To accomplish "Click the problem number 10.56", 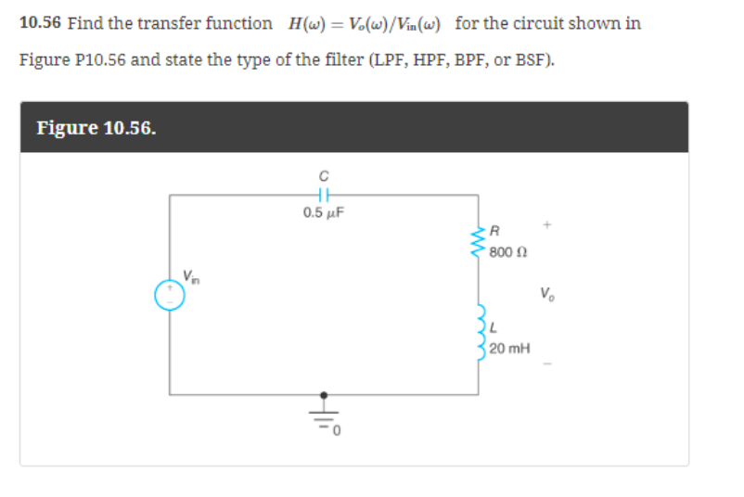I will (x=40, y=23).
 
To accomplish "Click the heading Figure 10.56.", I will (x=96, y=127).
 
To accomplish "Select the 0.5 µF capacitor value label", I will (x=324, y=213).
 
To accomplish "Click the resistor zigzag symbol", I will (x=479, y=238).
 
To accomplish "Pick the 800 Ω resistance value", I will (x=508, y=250).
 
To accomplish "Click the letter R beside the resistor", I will (x=495, y=232).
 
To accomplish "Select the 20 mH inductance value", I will (x=509, y=349).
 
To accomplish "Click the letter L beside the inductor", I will (x=494, y=330).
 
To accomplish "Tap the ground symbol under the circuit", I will (x=324, y=408).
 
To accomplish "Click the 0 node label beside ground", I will (x=339, y=430).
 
